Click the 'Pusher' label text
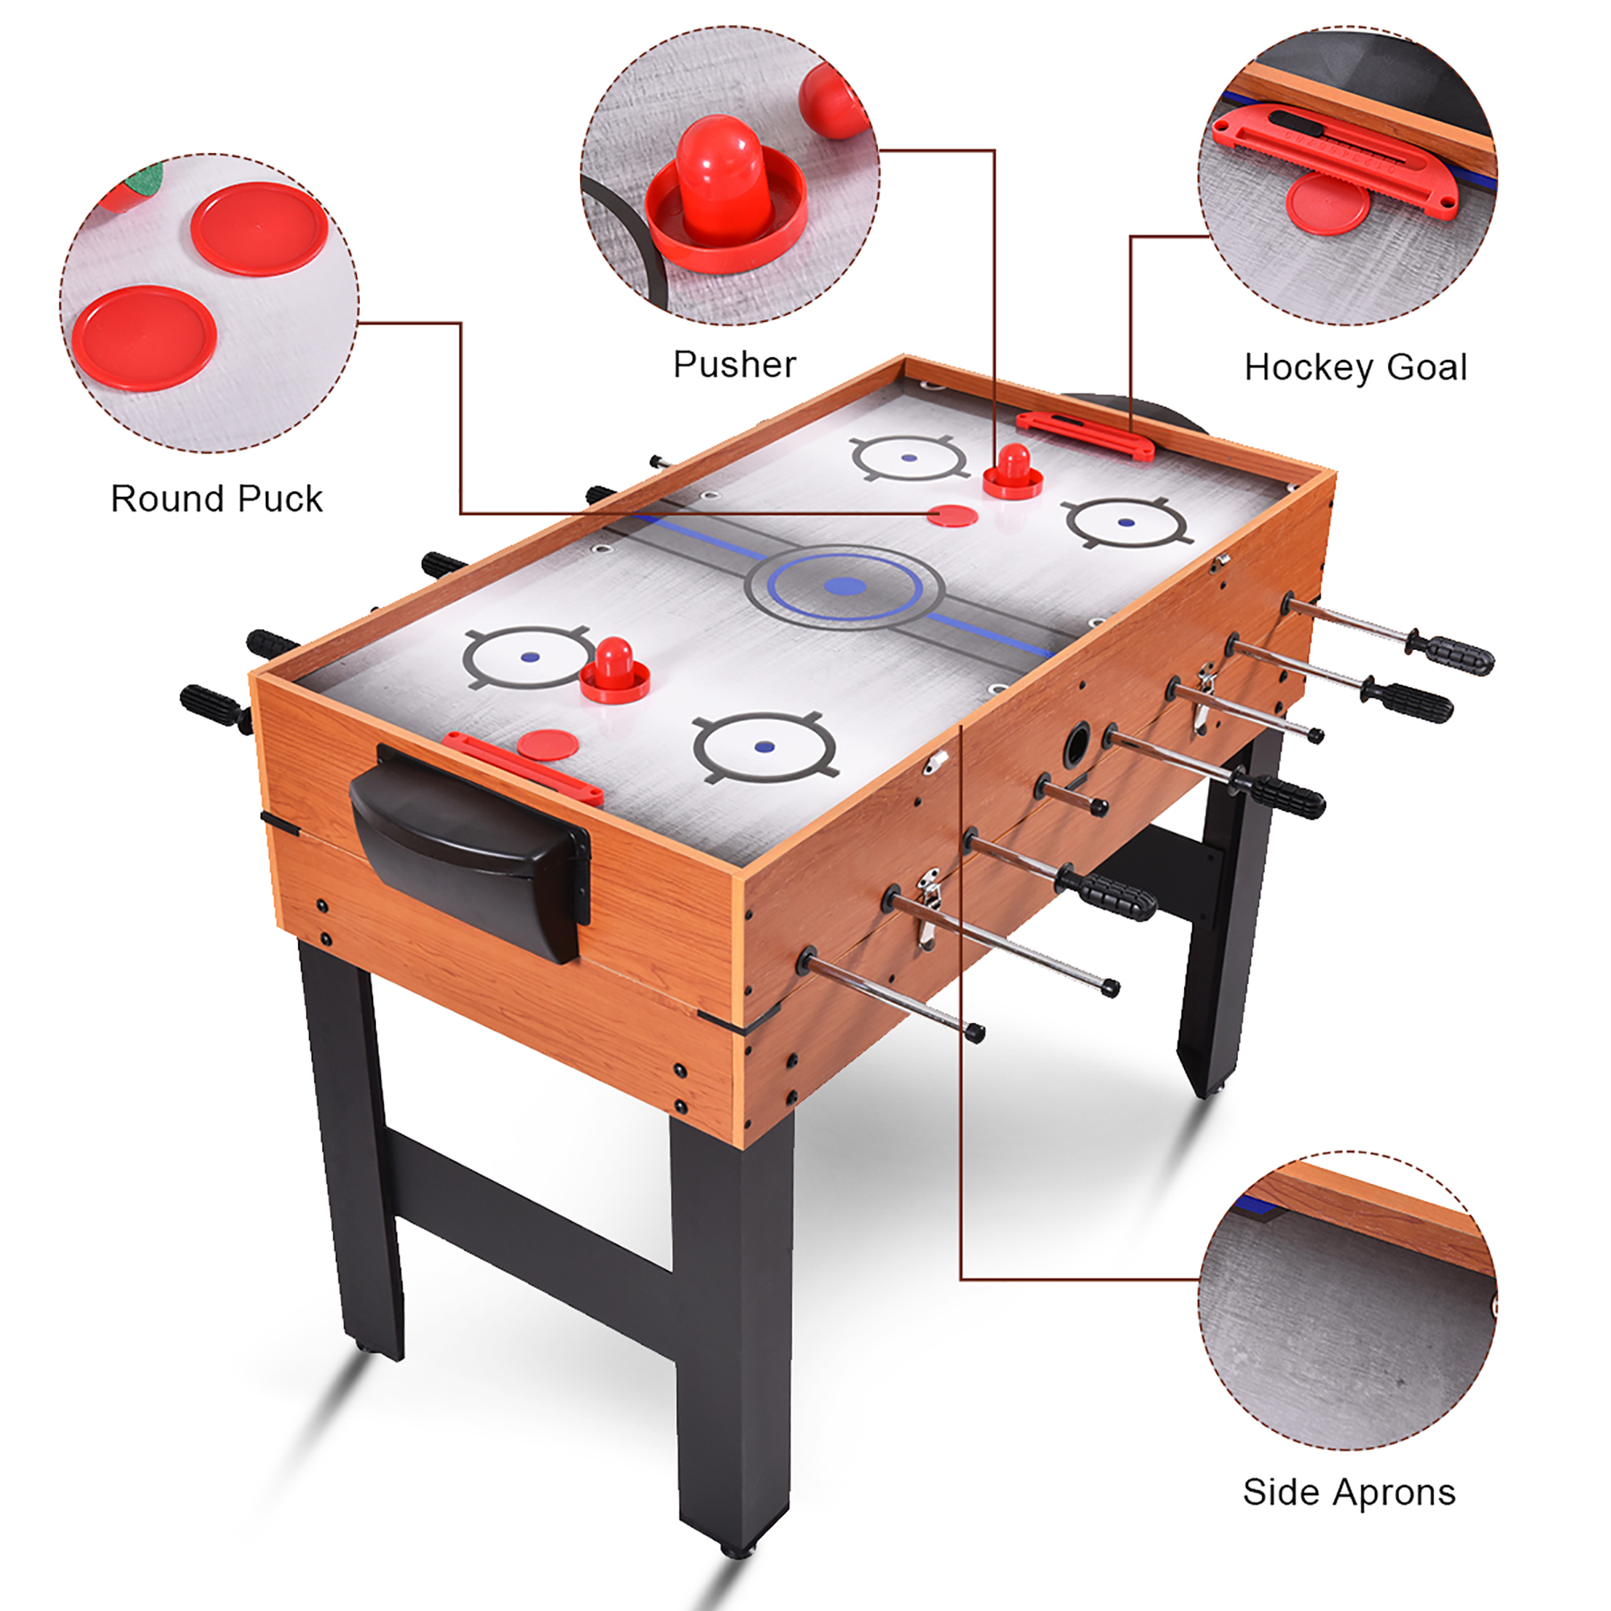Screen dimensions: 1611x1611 coord(735,364)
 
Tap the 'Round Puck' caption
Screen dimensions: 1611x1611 coord(217,499)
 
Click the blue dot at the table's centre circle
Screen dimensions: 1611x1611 coord(845,586)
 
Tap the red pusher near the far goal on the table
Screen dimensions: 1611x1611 coord(1013,472)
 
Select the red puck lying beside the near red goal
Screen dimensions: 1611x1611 coord(548,743)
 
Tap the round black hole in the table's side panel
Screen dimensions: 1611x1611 coord(1077,744)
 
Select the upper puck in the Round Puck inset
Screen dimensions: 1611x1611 coord(259,229)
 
